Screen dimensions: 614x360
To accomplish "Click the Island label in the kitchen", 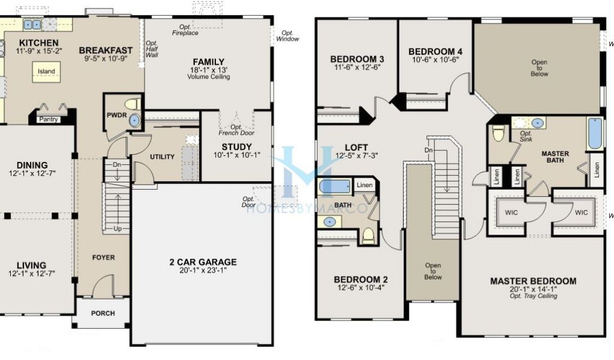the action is [46, 71].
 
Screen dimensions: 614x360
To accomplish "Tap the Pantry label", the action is [48, 119].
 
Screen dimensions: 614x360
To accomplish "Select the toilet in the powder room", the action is [133, 104].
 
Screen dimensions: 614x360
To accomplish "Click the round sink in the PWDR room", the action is [134, 120].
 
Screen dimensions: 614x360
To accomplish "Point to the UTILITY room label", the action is [162, 157].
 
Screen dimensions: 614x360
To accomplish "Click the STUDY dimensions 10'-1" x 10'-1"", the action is [236, 155].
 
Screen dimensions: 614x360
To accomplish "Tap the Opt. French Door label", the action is [236, 130].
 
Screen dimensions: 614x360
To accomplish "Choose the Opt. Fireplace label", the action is [185, 30].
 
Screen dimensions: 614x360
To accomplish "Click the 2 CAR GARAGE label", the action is [203, 262].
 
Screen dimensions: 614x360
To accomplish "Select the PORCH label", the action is [103, 313].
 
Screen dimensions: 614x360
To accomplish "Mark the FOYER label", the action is [103, 257].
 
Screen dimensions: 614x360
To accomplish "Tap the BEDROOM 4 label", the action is [435, 52].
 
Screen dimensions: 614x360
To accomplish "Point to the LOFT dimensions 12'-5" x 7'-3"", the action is [356, 155].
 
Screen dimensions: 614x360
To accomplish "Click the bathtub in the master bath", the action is [595, 134].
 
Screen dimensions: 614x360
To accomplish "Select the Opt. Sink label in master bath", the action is [526, 136].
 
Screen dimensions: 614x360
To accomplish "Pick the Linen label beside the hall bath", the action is [365, 185].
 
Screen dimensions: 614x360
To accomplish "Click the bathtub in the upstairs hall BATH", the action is [334, 187].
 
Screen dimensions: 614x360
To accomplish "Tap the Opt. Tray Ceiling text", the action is [533, 296].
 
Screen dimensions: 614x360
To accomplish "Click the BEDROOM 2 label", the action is [360, 280].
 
